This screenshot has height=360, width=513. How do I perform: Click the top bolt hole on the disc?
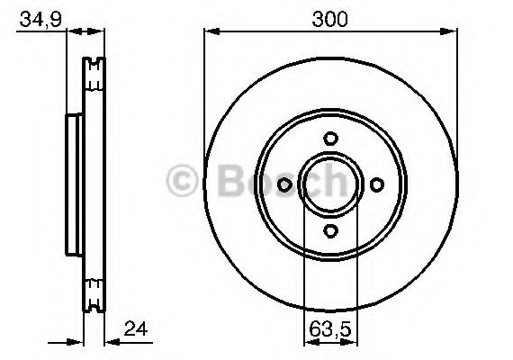[330, 138]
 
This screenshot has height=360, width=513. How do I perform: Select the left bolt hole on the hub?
[285, 184]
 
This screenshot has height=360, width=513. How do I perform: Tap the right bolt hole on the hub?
[376, 184]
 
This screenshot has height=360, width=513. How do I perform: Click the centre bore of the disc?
[330, 184]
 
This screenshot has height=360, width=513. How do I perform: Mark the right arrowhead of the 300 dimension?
[452, 32]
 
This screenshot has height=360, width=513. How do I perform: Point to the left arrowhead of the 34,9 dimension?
[76, 32]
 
